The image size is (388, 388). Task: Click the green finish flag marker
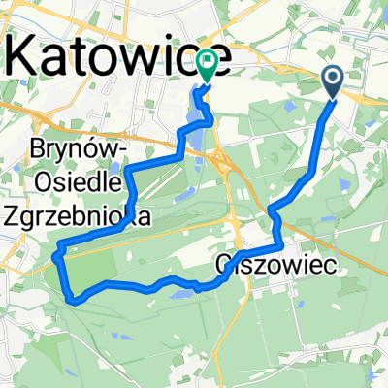pyautogui.click(x=208, y=64)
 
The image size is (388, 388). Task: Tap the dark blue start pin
pyautogui.click(x=332, y=81)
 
